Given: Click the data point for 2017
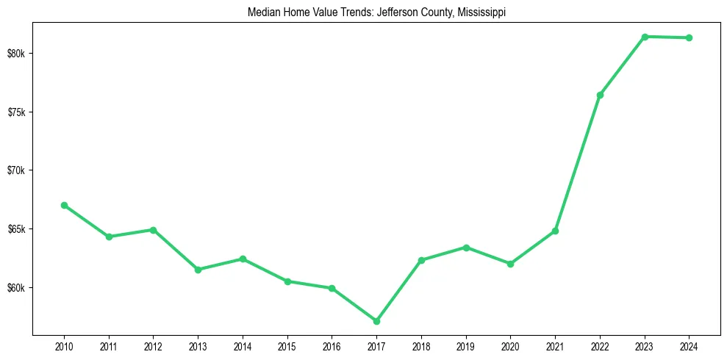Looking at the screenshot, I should coord(376,321).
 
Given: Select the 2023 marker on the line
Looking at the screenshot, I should coord(645,37).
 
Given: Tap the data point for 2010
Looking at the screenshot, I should coord(64,205).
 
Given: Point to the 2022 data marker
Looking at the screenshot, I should coord(600,95).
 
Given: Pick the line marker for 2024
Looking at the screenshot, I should coord(690,37).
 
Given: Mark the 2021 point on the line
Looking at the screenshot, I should coord(555,231).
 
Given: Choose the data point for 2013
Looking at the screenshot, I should coord(198,270).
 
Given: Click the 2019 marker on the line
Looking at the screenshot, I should coord(466,248).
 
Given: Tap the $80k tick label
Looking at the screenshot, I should coord(16,54).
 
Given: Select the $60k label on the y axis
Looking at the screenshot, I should coord(16,287).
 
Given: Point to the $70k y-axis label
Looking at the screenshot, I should coord(16,170).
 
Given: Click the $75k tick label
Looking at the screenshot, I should coord(16,112).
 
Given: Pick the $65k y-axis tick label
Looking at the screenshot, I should coord(16,229).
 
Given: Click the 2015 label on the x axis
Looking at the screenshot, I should coord(287,345).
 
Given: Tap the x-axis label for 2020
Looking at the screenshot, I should coord(511,345).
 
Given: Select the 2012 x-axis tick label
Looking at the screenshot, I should coord(153,345).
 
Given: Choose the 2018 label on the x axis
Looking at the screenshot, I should coord(421,345).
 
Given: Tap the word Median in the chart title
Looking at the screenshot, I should coord(267,12).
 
